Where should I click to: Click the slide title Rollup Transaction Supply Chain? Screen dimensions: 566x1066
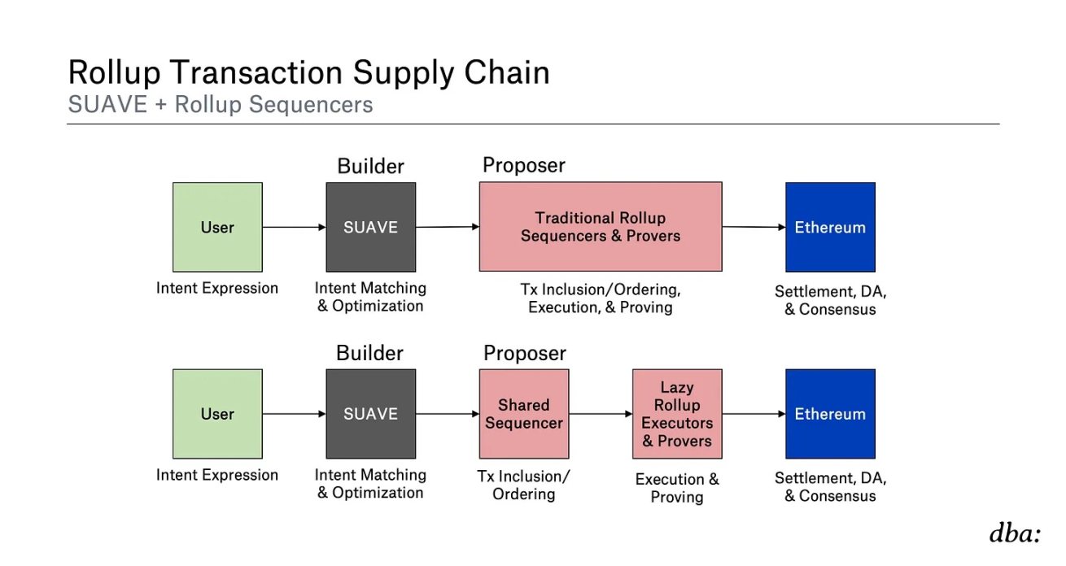point(308,73)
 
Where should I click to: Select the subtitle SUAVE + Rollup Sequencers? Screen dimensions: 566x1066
point(221,105)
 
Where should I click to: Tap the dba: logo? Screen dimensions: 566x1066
point(1015,534)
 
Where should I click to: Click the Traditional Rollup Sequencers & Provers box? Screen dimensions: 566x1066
point(600,227)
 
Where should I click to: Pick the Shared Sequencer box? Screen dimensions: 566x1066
point(523,414)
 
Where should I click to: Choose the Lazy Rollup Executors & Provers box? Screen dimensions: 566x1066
point(676,414)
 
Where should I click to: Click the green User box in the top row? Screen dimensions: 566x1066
point(217,227)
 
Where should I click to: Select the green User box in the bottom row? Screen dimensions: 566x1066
point(217,414)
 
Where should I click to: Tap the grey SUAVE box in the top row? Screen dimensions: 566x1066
point(370,227)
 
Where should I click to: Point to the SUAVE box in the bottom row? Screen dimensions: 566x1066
point(370,414)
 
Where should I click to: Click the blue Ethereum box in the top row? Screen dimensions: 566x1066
point(830,227)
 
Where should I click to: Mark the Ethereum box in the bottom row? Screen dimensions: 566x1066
point(830,414)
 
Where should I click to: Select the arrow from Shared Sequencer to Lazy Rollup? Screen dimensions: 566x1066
point(601,414)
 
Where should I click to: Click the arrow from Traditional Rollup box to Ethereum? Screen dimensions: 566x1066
point(754,227)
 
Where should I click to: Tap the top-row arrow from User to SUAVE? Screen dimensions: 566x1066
point(294,227)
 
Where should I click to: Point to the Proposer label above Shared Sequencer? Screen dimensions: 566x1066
point(525,354)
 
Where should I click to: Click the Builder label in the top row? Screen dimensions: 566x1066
point(370,167)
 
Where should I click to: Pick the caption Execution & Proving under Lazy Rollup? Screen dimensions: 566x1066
point(677,488)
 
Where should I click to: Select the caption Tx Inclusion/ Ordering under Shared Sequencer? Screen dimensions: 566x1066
point(524,485)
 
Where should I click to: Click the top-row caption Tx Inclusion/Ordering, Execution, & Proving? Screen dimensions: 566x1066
point(601,298)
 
